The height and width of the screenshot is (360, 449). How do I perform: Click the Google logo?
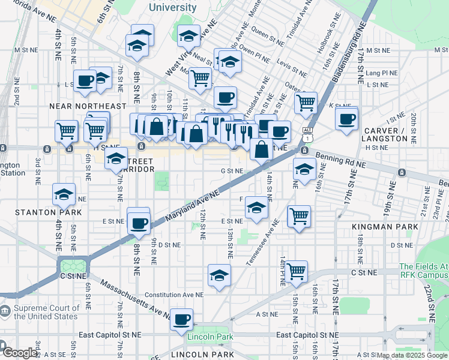tap(19, 353)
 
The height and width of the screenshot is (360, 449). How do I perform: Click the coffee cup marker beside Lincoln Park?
tap(181, 320)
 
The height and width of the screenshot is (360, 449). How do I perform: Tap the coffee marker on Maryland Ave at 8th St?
tap(139, 223)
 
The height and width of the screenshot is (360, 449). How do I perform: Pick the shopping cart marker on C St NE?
tap(297, 271)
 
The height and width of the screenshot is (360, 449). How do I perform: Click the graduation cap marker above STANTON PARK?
tap(64, 195)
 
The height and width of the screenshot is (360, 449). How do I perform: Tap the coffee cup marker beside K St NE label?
tap(347, 118)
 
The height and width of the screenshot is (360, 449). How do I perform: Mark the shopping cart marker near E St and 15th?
tap(298, 217)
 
